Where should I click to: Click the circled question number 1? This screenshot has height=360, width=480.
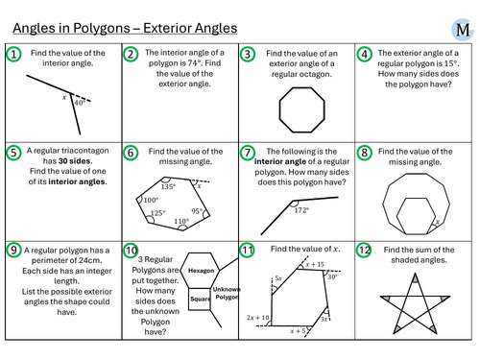click(x=13, y=54)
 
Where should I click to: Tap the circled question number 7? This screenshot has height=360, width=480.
click(x=248, y=153)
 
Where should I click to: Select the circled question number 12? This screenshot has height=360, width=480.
click(x=364, y=250)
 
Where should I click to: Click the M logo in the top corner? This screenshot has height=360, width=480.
click(x=463, y=30)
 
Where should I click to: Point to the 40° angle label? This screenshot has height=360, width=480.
click(x=80, y=103)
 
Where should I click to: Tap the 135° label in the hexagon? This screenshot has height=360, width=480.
click(x=168, y=186)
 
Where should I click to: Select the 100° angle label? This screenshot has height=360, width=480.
click(x=151, y=200)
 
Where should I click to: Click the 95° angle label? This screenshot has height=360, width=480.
click(x=197, y=211)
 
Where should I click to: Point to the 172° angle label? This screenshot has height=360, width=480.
click(x=301, y=210)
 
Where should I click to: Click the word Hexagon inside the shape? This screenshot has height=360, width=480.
click(x=201, y=271)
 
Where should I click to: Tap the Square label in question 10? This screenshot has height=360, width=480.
click(x=200, y=299)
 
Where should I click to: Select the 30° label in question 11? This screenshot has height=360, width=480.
click(x=332, y=276)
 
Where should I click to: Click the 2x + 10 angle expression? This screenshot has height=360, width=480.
click(x=258, y=318)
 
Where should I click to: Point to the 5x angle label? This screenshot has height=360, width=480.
click(x=278, y=278)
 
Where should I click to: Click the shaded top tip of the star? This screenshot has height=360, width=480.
click(x=415, y=278)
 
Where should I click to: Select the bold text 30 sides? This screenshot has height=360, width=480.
click(x=75, y=161)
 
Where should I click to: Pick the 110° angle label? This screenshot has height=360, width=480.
click(x=181, y=221)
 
